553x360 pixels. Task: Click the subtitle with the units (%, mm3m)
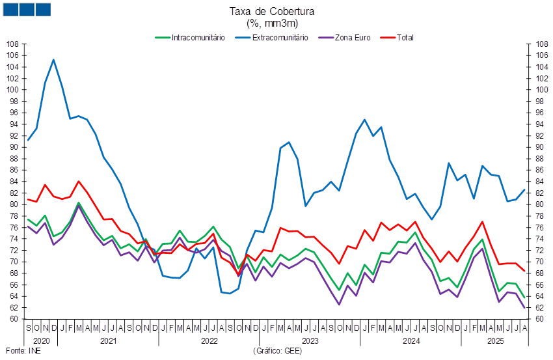[272, 22]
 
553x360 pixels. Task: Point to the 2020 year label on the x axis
[41, 340]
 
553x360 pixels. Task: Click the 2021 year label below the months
[109, 340]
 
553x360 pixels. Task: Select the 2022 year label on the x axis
[209, 340]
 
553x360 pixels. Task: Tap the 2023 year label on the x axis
[310, 340]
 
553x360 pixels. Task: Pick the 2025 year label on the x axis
[496, 340]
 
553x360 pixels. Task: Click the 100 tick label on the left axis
[12, 90]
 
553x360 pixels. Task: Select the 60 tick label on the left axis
[12, 319]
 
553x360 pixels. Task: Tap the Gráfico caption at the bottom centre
[276, 351]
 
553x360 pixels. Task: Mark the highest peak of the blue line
[53, 60]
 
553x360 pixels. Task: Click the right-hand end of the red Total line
[525, 271]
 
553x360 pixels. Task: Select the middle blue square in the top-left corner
[27, 9]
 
